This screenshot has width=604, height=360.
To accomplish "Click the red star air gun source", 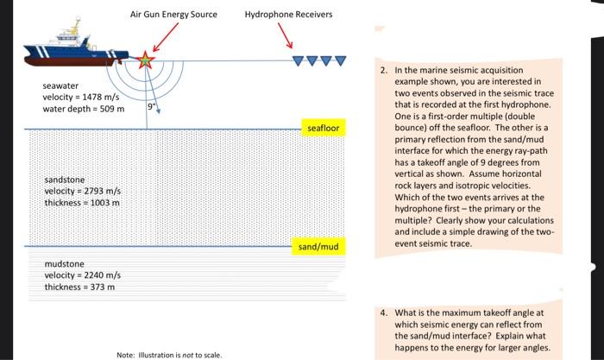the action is [x=145, y=60].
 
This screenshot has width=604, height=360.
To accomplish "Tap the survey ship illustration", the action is [x=73, y=51].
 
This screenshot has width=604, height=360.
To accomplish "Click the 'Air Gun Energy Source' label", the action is [x=173, y=15].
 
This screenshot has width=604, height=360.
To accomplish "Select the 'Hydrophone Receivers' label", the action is [x=288, y=15].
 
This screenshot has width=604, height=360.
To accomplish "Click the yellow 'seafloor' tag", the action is [x=324, y=129].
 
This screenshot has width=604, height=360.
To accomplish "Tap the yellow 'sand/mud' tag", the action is [x=318, y=247].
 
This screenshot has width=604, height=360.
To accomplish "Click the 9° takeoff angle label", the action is [x=152, y=106].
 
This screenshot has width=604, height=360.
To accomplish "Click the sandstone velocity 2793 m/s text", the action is [x=83, y=191].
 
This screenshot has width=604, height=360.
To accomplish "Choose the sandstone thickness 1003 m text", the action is [x=83, y=202].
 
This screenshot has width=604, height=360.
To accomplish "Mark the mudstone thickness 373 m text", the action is [x=79, y=286].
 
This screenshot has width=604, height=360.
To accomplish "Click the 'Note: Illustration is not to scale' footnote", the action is [x=169, y=354].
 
